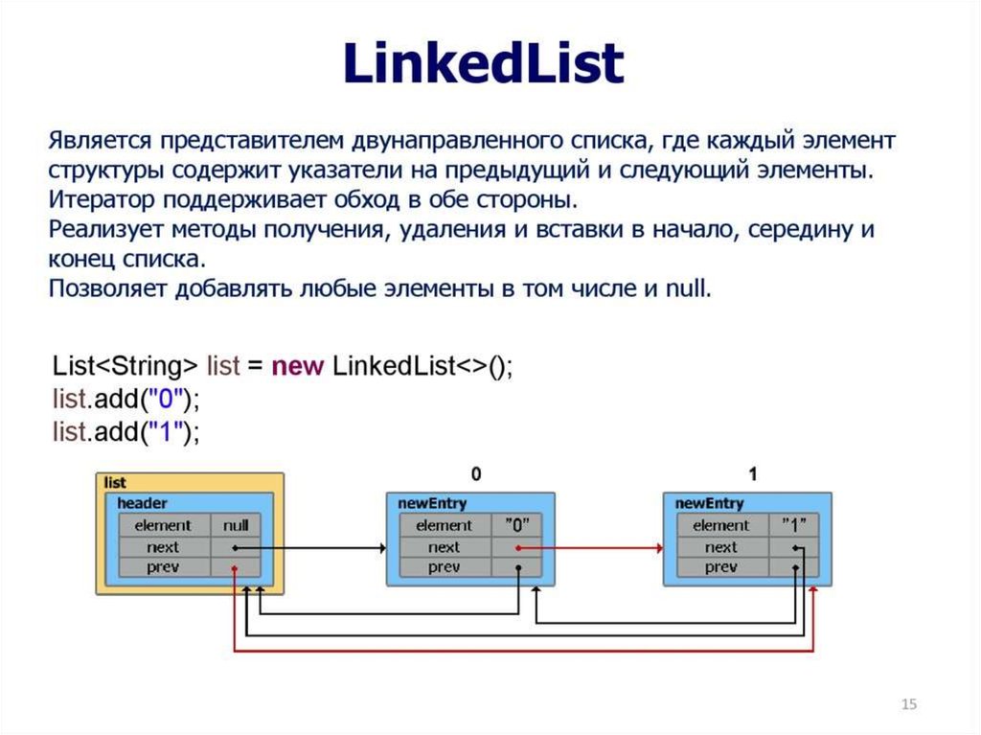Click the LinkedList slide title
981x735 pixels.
pyautogui.click(x=484, y=62)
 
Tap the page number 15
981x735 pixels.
pyautogui.click(x=909, y=703)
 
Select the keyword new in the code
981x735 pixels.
pyautogui.click(x=297, y=366)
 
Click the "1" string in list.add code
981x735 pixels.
pyautogui.click(x=165, y=431)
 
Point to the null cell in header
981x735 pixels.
pyautogui.click(x=236, y=525)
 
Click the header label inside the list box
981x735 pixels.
pyautogui.click(x=142, y=503)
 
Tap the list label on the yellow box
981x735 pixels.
pyautogui.click(x=115, y=483)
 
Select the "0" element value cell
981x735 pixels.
pyautogui.click(x=516, y=525)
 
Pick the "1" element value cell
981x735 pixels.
pyautogui.click(x=794, y=525)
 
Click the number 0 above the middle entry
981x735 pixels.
pyautogui.click(x=476, y=474)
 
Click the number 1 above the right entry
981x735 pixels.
pyautogui.click(x=753, y=474)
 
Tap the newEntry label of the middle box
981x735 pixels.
pyautogui.click(x=432, y=503)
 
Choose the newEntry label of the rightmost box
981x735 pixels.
pyautogui.click(x=710, y=503)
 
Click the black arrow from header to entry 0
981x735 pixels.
pyautogui.click(x=310, y=548)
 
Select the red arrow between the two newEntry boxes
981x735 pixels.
pyautogui.click(x=590, y=548)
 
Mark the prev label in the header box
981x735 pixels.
pyautogui.click(x=163, y=567)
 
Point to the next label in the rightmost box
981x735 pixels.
pyautogui.click(x=720, y=547)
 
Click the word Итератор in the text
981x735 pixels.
pyautogui.click(x=102, y=199)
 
